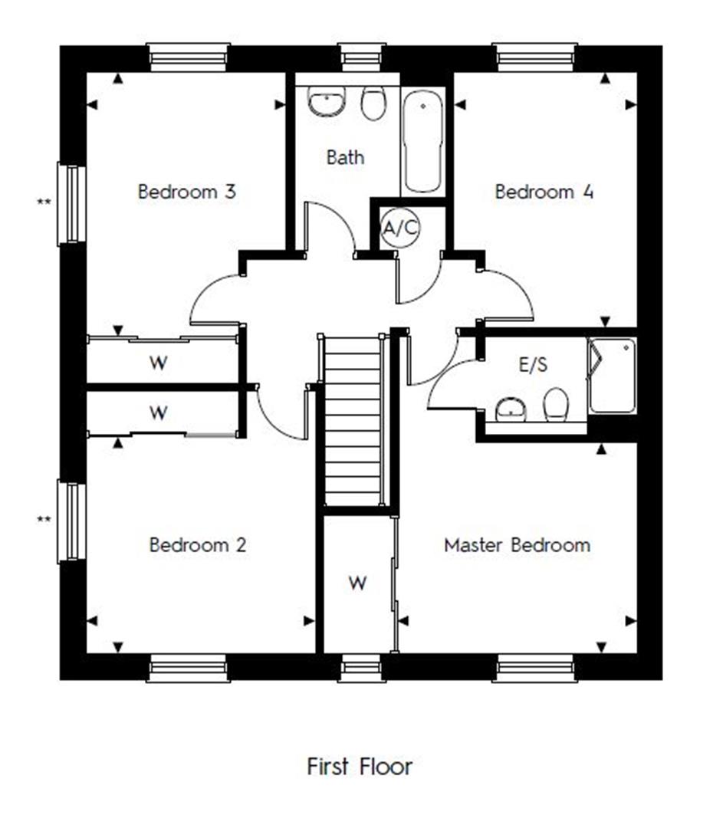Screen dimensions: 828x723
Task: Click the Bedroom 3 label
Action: pos(186,192)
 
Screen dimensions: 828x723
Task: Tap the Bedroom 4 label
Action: pos(544,192)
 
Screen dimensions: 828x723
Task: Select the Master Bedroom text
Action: pos(518,545)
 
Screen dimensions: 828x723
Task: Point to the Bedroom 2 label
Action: pos(198,545)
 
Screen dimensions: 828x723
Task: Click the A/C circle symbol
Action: pos(400,228)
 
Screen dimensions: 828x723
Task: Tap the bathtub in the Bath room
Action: pos(422,142)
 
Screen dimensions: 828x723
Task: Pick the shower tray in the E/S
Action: pos(612,376)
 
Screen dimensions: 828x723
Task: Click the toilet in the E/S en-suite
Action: pos(556,404)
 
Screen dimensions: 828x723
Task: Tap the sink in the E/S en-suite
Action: pos(511,410)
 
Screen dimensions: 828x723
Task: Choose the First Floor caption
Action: pos(360,766)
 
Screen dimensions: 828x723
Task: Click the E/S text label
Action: pos(534,366)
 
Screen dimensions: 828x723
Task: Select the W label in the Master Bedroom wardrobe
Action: pos(357,583)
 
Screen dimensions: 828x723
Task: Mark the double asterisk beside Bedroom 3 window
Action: pos(44,202)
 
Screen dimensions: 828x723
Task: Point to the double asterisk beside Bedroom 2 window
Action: pos(44,521)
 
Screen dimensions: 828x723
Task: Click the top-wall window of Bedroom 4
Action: pos(535,58)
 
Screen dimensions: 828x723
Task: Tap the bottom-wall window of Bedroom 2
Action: pos(188,668)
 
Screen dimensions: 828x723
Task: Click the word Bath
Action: pos(345,158)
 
